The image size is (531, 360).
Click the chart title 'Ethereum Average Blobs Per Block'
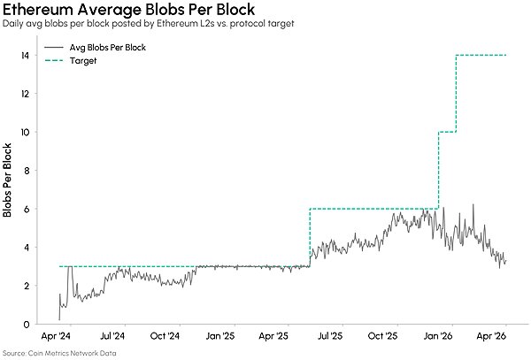(x=128, y=10)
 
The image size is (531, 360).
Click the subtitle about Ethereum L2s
(x=148, y=24)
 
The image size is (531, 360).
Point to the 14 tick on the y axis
(x=25, y=55)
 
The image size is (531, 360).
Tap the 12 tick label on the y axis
(x=25, y=94)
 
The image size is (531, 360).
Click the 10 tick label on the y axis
(x=25, y=132)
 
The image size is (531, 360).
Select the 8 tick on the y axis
(x=26, y=170)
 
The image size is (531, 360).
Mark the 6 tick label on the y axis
(x=26, y=209)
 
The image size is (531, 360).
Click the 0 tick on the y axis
(x=26, y=324)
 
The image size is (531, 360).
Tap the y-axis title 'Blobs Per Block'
(x=7, y=180)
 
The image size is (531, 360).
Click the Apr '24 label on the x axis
(x=56, y=336)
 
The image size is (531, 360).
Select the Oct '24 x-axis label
(x=165, y=336)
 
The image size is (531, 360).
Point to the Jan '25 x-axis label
(x=219, y=336)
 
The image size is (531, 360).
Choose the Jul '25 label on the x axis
(x=329, y=336)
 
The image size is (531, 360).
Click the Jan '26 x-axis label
(x=438, y=336)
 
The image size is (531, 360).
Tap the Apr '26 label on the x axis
(x=491, y=336)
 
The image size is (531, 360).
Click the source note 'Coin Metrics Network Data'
(x=72, y=353)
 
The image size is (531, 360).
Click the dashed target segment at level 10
(x=447, y=132)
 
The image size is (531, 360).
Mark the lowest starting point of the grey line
(x=59, y=319)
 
